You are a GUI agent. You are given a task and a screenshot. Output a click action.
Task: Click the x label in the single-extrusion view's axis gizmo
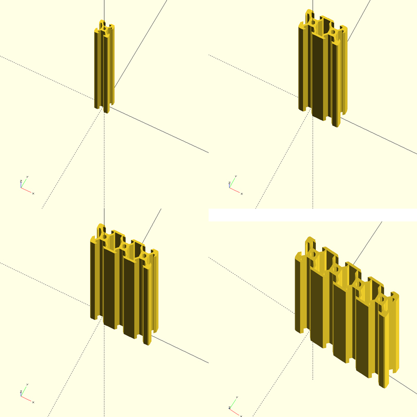[33, 193]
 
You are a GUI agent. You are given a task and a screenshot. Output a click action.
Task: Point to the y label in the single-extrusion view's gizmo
[27, 177]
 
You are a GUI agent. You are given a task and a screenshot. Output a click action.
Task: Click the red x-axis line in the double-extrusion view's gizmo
[236, 191]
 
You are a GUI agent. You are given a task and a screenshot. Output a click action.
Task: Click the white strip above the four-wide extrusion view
[313, 215]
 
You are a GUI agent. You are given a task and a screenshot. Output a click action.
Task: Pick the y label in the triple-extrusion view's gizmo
[27, 386]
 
